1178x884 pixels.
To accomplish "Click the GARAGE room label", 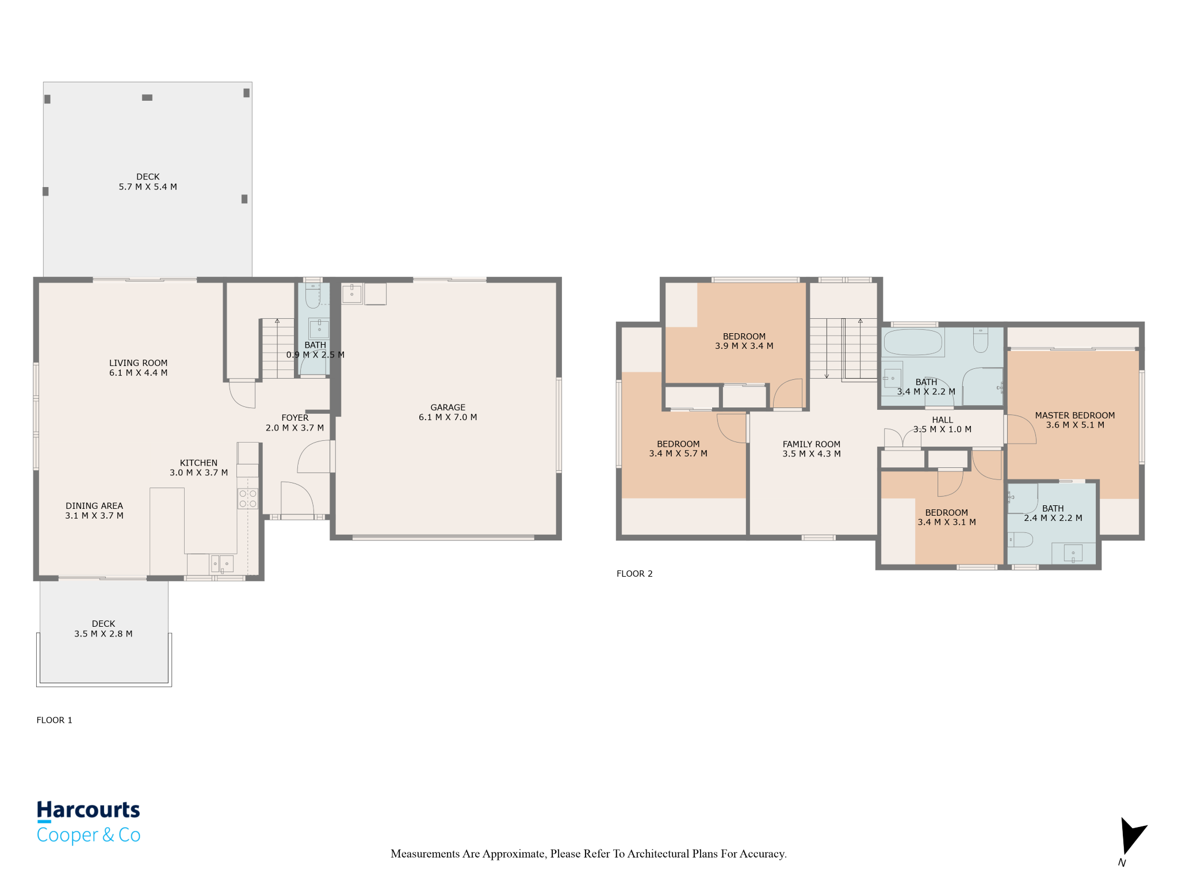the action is [448, 407].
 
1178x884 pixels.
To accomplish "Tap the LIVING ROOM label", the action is [138, 363].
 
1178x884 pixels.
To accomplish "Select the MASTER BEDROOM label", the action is [1074, 416].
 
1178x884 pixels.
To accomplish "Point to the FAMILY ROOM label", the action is [811, 444].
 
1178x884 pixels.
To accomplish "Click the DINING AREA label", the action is [94, 506].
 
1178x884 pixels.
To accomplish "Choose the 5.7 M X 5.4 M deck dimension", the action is [148, 187].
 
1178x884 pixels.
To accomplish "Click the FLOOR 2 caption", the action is [634, 574].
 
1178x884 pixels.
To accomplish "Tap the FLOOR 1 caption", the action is [55, 720].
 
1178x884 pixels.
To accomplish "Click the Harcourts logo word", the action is [89, 810].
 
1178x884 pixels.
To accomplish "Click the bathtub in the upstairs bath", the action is [913, 342].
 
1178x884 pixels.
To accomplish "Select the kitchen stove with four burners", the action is [248, 498].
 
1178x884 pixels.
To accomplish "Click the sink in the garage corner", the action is [352, 293].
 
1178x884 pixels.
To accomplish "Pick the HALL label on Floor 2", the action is [942, 420].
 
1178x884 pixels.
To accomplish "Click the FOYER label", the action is [295, 418].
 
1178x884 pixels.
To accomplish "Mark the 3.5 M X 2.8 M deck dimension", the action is [104, 634].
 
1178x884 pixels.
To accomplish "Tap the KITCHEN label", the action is [198, 463].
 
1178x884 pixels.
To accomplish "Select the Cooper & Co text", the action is [89, 835].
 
